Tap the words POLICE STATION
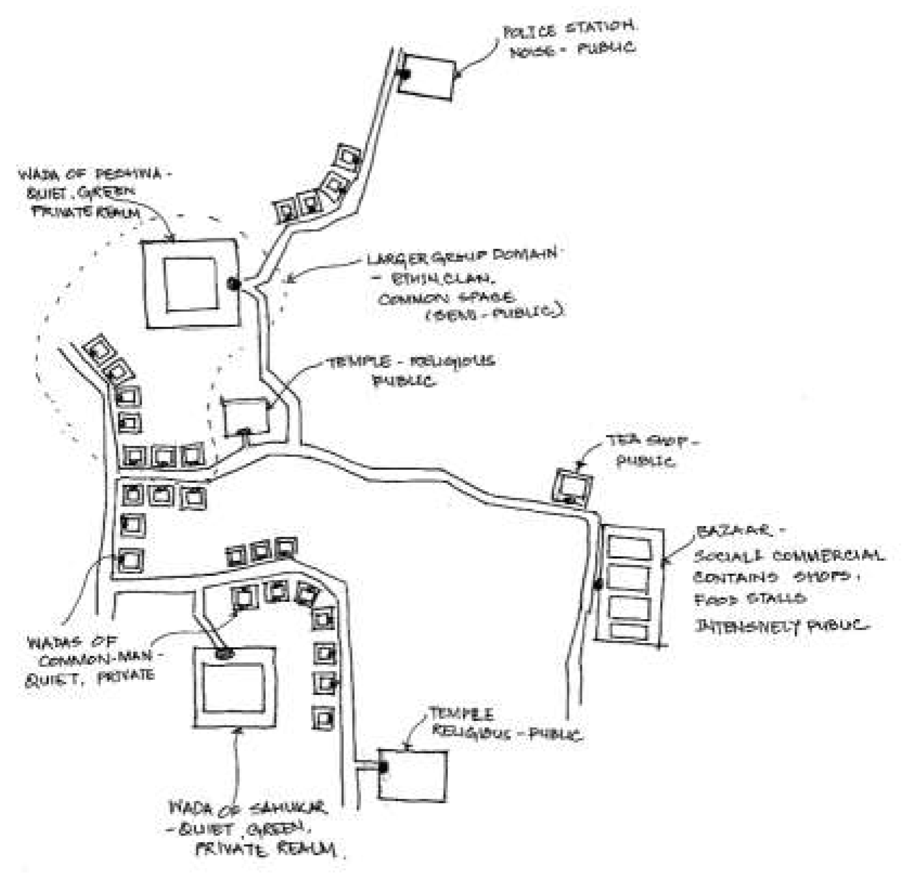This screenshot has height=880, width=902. coord(568,29)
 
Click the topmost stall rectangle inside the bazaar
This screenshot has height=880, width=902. coord(629,548)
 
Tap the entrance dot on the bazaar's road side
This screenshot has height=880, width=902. coord(598,584)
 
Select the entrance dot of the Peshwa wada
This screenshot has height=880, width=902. coord(234,283)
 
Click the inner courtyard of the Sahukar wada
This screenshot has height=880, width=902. coord(233,687)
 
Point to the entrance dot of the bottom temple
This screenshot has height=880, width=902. coord(383,767)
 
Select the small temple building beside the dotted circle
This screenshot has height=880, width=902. coord(247,416)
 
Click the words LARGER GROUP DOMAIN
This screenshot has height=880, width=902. coord(462,257)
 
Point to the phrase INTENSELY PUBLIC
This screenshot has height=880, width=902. coord(782,626)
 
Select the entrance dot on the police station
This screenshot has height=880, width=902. coord(403,74)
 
